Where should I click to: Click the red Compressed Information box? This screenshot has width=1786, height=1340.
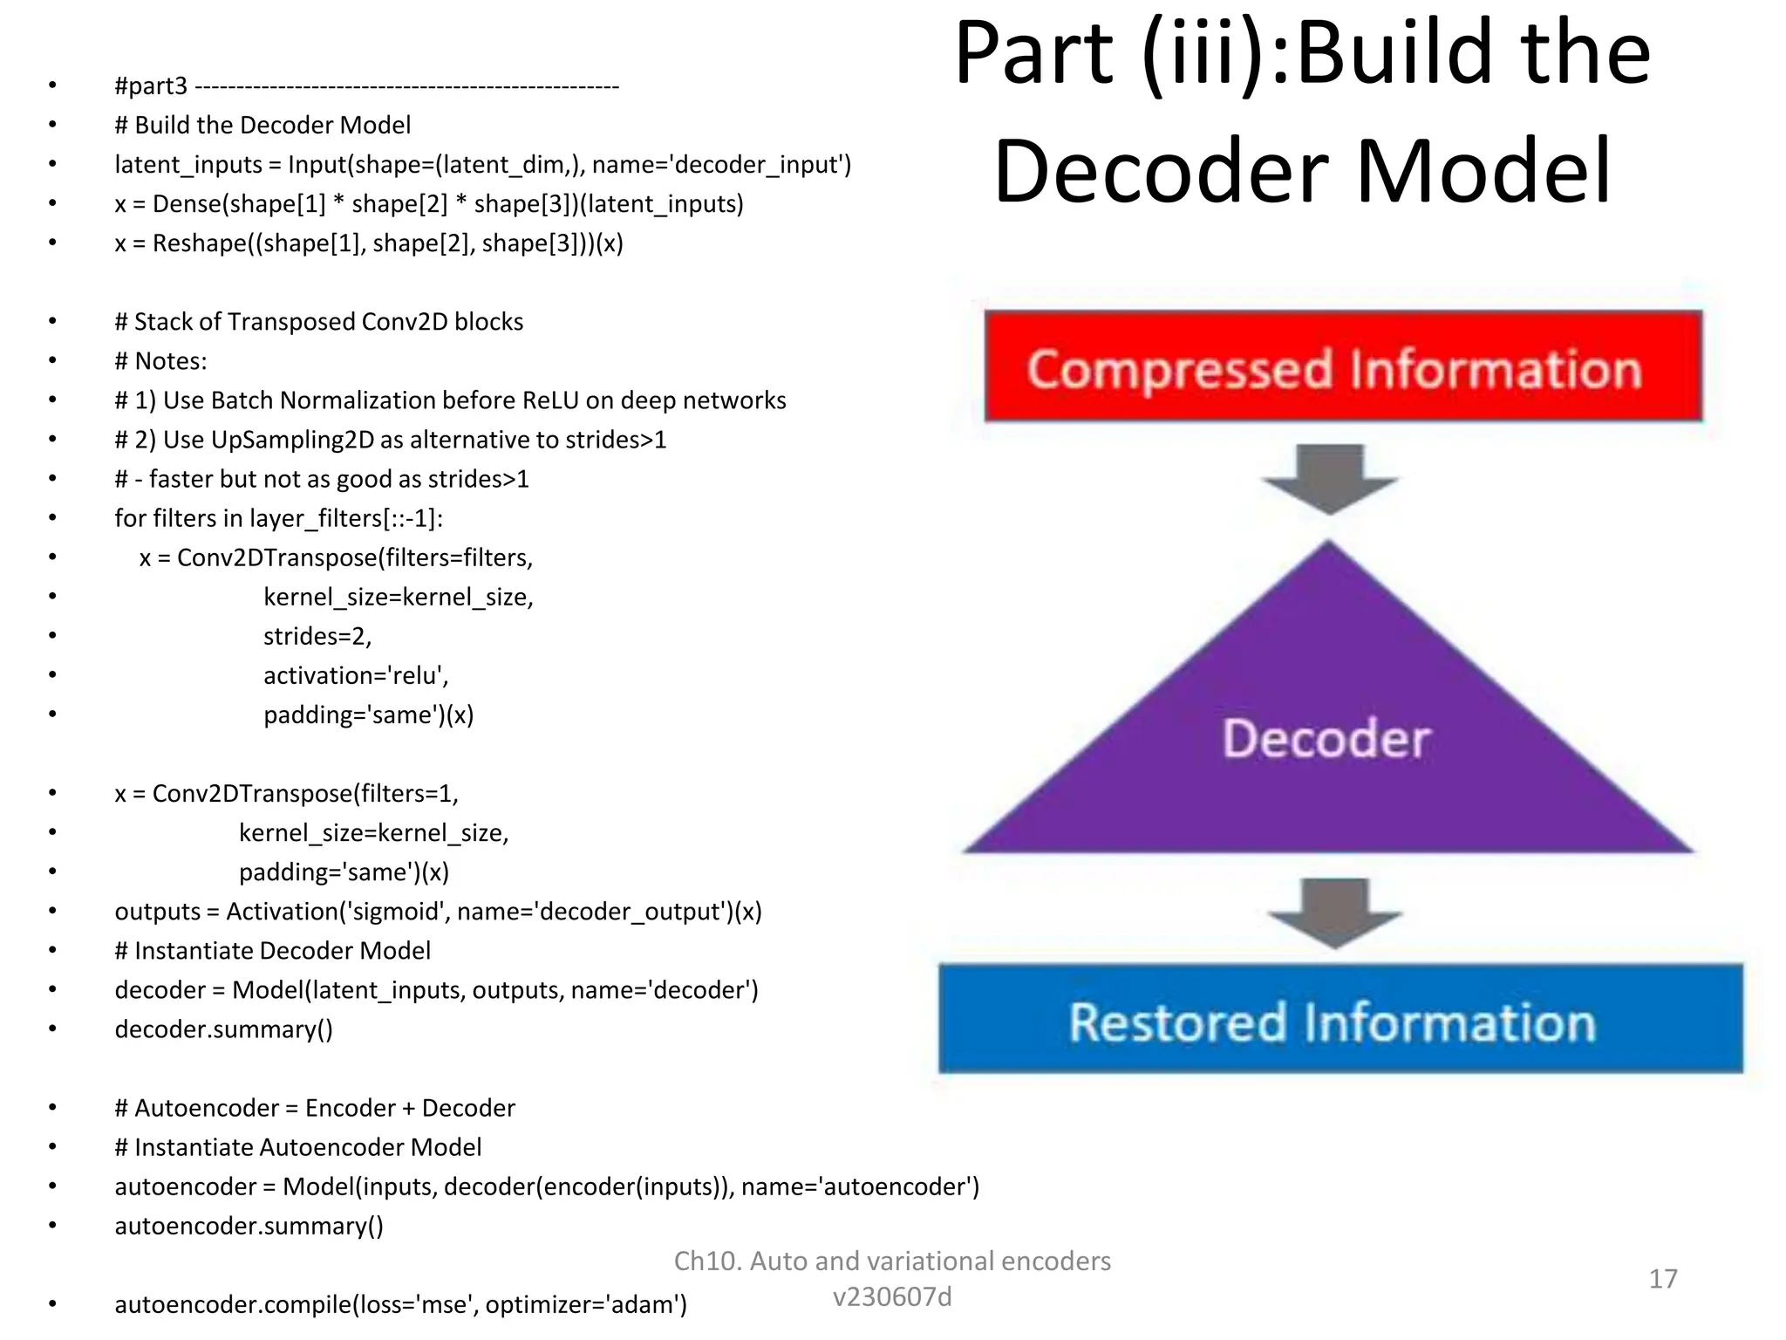point(1343,366)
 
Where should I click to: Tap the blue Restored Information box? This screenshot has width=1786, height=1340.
point(1340,1019)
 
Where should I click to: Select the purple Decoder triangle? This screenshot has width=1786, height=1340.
point(1327,742)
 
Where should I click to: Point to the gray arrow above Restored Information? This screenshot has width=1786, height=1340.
point(1334,913)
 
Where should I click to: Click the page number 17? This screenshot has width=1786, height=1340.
point(1662,1279)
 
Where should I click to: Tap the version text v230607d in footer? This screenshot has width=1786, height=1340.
point(892,1297)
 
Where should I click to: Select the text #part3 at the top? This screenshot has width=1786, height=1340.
point(151,86)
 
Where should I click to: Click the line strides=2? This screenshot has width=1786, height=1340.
point(317,636)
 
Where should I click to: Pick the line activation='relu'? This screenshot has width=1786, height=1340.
point(356,675)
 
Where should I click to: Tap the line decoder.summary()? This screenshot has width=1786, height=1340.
point(223,1029)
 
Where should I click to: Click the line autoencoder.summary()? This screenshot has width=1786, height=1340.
point(249,1226)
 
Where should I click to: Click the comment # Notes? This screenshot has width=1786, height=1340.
point(160,361)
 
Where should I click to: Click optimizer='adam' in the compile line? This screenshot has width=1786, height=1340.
point(584,1305)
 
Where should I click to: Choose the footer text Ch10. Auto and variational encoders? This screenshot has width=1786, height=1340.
point(892,1261)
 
